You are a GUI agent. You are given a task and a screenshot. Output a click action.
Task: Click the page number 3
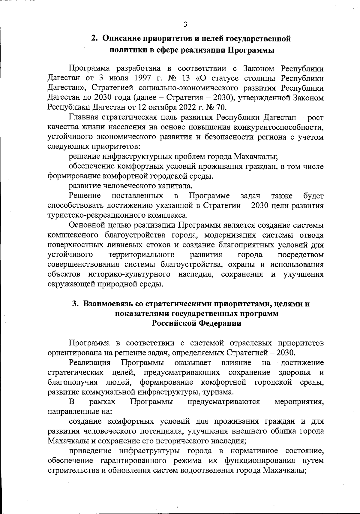pos(185,24)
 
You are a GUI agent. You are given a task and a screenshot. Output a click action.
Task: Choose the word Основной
pos(87,225)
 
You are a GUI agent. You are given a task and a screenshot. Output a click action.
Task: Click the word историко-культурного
pos(130,274)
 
